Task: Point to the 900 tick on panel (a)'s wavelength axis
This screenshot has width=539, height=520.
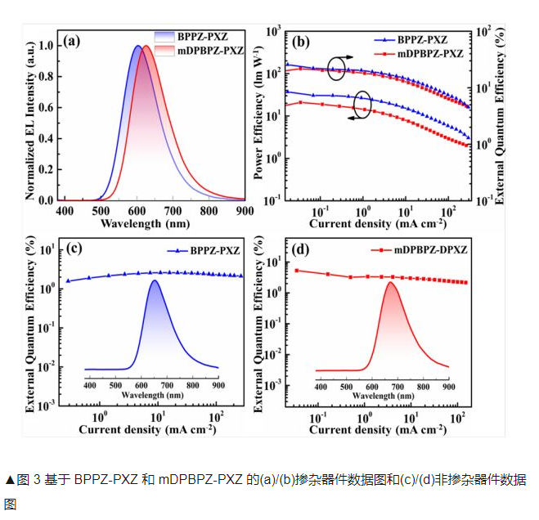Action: [x=243, y=210]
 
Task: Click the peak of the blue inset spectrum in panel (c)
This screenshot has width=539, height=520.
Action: [x=155, y=281]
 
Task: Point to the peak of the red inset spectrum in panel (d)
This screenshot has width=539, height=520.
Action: [x=390, y=283]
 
